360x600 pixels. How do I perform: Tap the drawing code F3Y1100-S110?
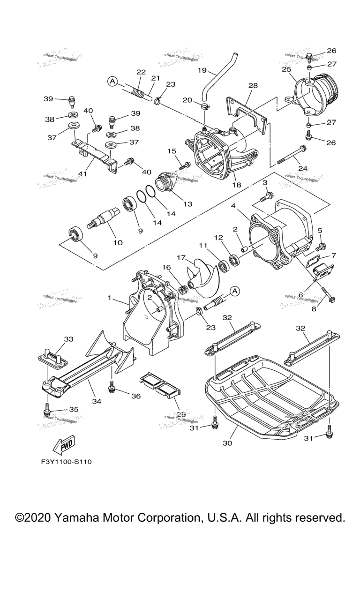click(66, 462)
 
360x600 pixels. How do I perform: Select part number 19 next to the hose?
click(202, 70)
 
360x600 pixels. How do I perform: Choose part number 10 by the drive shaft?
click(118, 242)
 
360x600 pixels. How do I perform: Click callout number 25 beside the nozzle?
click(286, 70)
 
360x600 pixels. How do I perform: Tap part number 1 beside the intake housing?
click(110, 298)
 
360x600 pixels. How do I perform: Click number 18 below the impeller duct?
click(236, 185)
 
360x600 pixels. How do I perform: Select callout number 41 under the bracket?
click(83, 174)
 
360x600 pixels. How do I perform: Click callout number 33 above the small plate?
click(69, 339)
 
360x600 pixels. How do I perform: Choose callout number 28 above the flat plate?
click(253, 86)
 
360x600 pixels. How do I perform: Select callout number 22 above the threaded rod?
click(141, 72)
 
